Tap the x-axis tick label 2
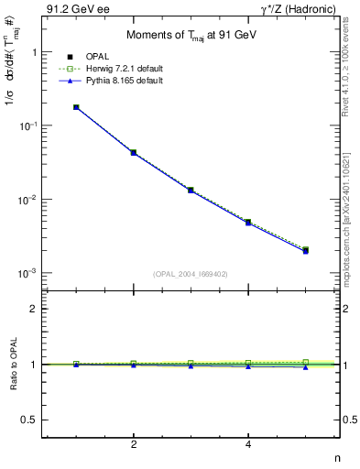tap(134, 445)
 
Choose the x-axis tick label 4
tap(248, 445)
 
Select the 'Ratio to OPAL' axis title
tap(12, 364)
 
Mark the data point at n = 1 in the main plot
tap(76, 107)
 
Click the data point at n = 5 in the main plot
tap(306, 250)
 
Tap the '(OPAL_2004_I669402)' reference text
tap(190, 272)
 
